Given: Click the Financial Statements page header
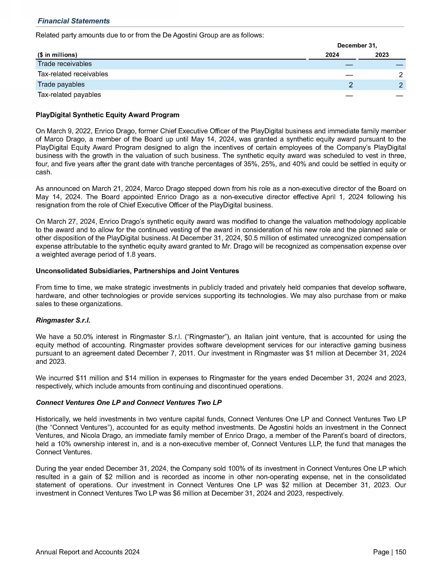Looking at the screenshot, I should [x=73, y=21].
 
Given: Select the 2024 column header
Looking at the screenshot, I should [x=332, y=55].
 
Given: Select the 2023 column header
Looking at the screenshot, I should [x=381, y=55].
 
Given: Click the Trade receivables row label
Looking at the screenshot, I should [x=65, y=64].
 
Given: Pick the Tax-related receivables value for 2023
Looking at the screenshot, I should [x=401, y=75].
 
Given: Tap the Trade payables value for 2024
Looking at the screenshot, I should [x=351, y=85].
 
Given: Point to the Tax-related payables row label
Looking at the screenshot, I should [x=69, y=95].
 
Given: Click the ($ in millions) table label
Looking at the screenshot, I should [x=57, y=55].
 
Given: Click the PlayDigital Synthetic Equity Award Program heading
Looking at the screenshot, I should [x=107, y=115].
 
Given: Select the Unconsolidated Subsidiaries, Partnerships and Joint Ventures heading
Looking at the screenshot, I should [x=137, y=271].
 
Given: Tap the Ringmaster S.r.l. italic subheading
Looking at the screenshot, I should [x=63, y=320].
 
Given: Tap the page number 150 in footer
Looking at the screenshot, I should [x=400, y=552].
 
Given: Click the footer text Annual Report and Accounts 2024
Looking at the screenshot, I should [x=87, y=552].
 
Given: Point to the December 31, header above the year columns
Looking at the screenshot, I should [x=357, y=46].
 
